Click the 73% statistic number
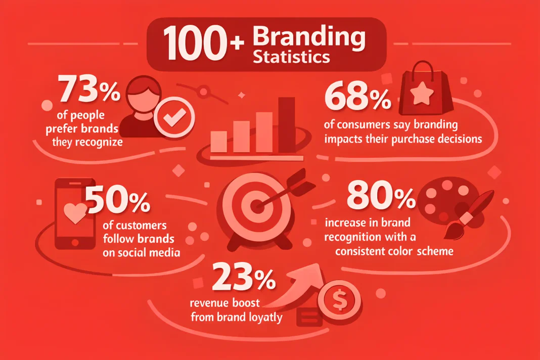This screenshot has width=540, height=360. (x=89, y=91)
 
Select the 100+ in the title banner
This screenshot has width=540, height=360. (x=204, y=44)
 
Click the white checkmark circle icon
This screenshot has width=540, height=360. (x=174, y=117)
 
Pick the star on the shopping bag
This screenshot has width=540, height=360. (x=422, y=93)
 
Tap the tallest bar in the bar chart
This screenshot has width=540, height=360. (x=287, y=125)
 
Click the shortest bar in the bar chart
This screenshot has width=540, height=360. (x=219, y=141)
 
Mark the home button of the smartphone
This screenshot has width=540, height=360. (x=75, y=242)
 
